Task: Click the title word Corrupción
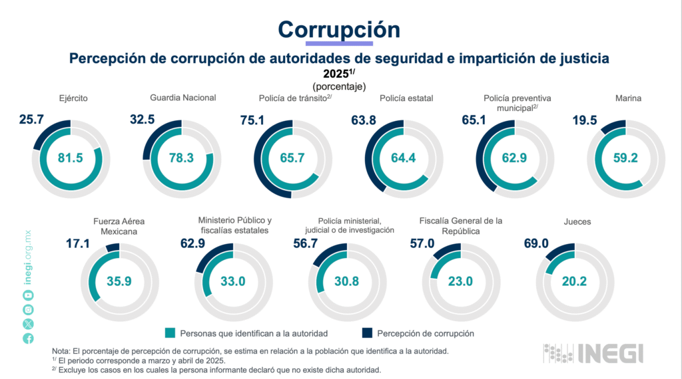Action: pos(339,29)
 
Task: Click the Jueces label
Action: pos(577,221)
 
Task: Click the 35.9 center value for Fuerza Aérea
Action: pos(119,281)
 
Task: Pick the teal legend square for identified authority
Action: pos(170,333)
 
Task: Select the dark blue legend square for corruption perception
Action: pos(367,333)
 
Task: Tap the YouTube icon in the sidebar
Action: pos(28,295)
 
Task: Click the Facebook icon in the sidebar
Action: pos(28,338)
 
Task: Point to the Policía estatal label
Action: pos(406,98)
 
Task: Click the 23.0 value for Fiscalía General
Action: pos(460,281)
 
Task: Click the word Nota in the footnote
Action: pos(61,350)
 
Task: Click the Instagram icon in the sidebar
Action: pos(28,309)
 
